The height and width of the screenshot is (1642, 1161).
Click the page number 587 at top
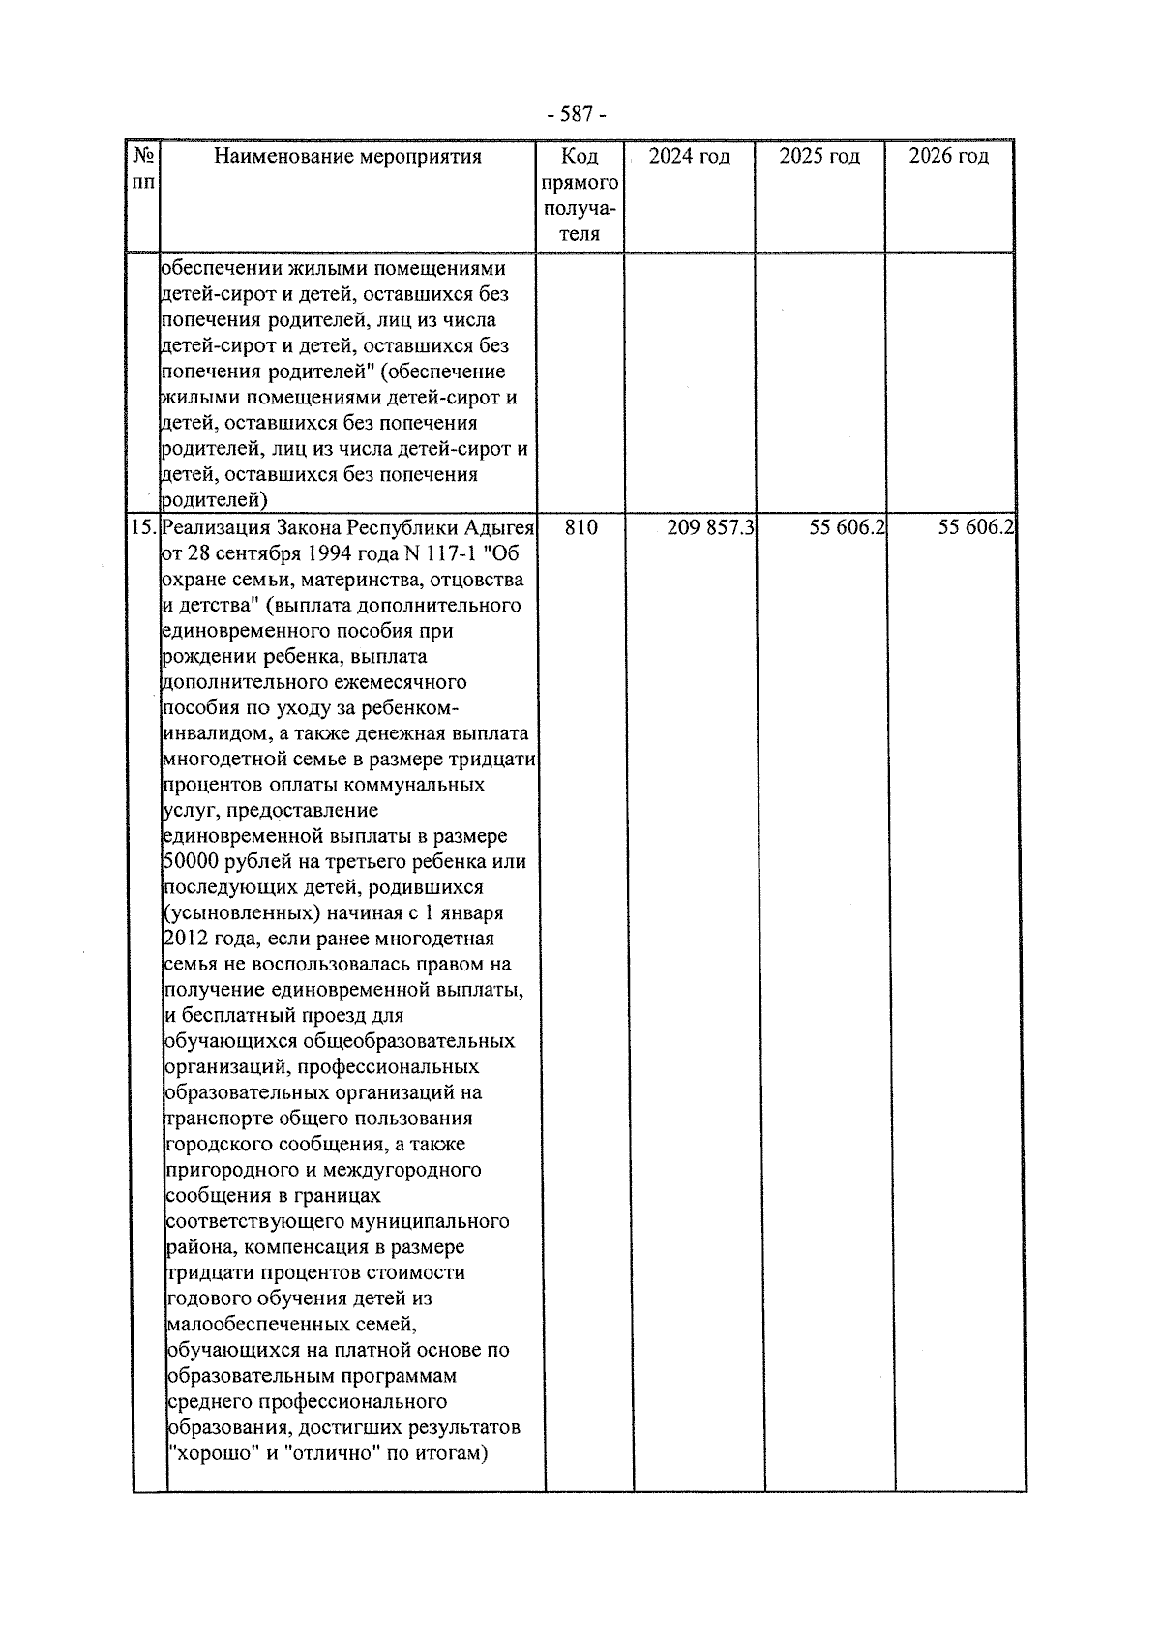577,115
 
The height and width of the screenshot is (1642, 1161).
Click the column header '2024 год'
689,157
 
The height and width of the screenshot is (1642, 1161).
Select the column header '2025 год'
819,157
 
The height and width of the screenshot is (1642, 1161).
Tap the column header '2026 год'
949,157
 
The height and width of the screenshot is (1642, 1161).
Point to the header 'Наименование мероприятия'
347,157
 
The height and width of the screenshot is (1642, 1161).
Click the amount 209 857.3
711,527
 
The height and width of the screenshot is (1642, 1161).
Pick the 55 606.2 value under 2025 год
848,527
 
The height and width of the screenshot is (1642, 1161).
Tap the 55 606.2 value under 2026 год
975,527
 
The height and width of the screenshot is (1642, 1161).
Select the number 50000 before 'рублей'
193,862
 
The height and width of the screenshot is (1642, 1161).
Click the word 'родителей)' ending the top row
213,500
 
